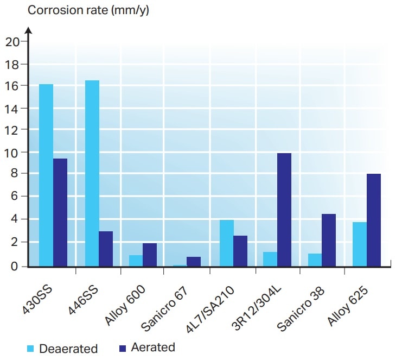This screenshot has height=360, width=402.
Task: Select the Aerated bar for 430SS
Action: coord(60,212)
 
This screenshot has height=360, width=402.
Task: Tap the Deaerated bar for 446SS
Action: coord(92,173)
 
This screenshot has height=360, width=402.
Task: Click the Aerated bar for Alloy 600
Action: coord(150,255)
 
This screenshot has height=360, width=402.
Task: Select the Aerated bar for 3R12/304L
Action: coord(284,210)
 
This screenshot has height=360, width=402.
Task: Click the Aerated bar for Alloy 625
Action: coord(374,220)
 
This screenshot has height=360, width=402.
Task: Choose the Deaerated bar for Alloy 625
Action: coord(360,244)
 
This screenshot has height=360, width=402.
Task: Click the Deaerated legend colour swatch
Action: coord(31,349)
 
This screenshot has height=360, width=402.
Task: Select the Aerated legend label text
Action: coord(152,348)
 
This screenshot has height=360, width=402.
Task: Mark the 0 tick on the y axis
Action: coord(15,266)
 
